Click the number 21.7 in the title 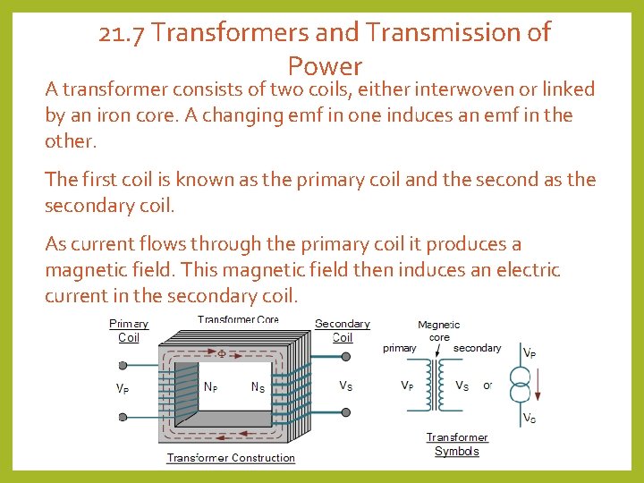[x=122, y=33]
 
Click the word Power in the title [x=325, y=66]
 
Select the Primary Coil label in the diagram [x=129, y=331]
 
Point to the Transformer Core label [x=238, y=320]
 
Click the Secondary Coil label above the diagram [x=342, y=331]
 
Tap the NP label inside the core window [x=211, y=387]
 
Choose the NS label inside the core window [x=257, y=387]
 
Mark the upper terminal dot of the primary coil [x=123, y=365]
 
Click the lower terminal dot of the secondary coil [x=347, y=416]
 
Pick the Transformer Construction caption [x=231, y=458]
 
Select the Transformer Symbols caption [x=457, y=445]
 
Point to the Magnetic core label [x=439, y=331]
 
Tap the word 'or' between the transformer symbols [x=487, y=386]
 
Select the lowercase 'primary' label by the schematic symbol [x=399, y=348]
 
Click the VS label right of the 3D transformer [x=346, y=386]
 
